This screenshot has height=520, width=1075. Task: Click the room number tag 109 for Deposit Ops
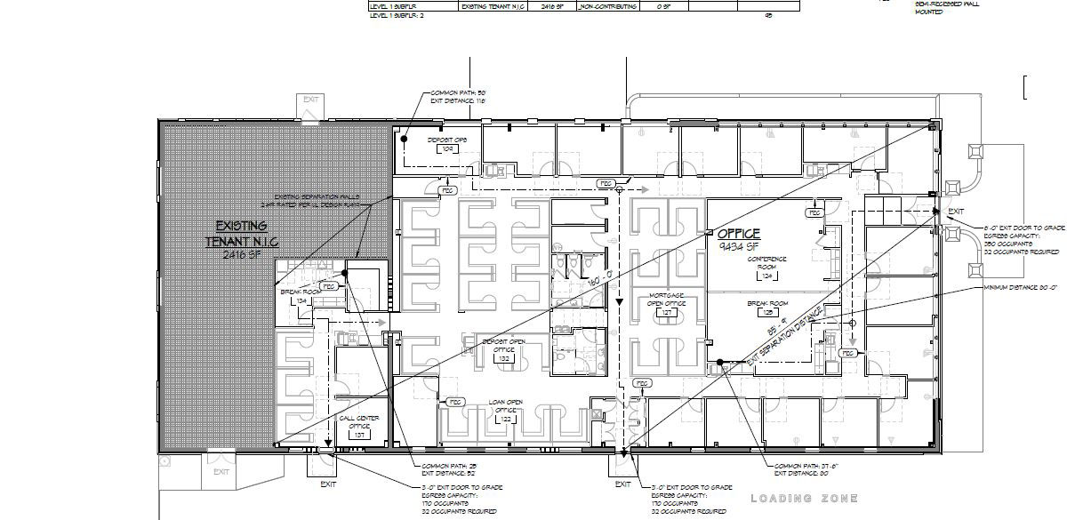pyautogui.click(x=448, y=149)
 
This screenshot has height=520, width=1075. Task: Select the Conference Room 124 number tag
pyautogui.click(x=766, y=276)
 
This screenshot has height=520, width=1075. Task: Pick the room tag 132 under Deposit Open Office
pyautogui.click(x=503, y=359)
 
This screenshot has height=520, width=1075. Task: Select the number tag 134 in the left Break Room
pyautogui.click(x=301, y=302)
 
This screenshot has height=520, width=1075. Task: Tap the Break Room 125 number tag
pyautogui.click(x=767, y=314)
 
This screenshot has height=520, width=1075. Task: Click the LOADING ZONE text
pyautogui.click(x=805, y=499)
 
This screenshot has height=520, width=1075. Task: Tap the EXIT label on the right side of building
pyautogui.click(x=956, y=212)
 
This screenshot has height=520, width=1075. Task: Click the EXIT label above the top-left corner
pyautogui.click(x=309, y=100)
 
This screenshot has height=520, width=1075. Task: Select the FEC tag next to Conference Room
pyautogui.click(x=813, y=213)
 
